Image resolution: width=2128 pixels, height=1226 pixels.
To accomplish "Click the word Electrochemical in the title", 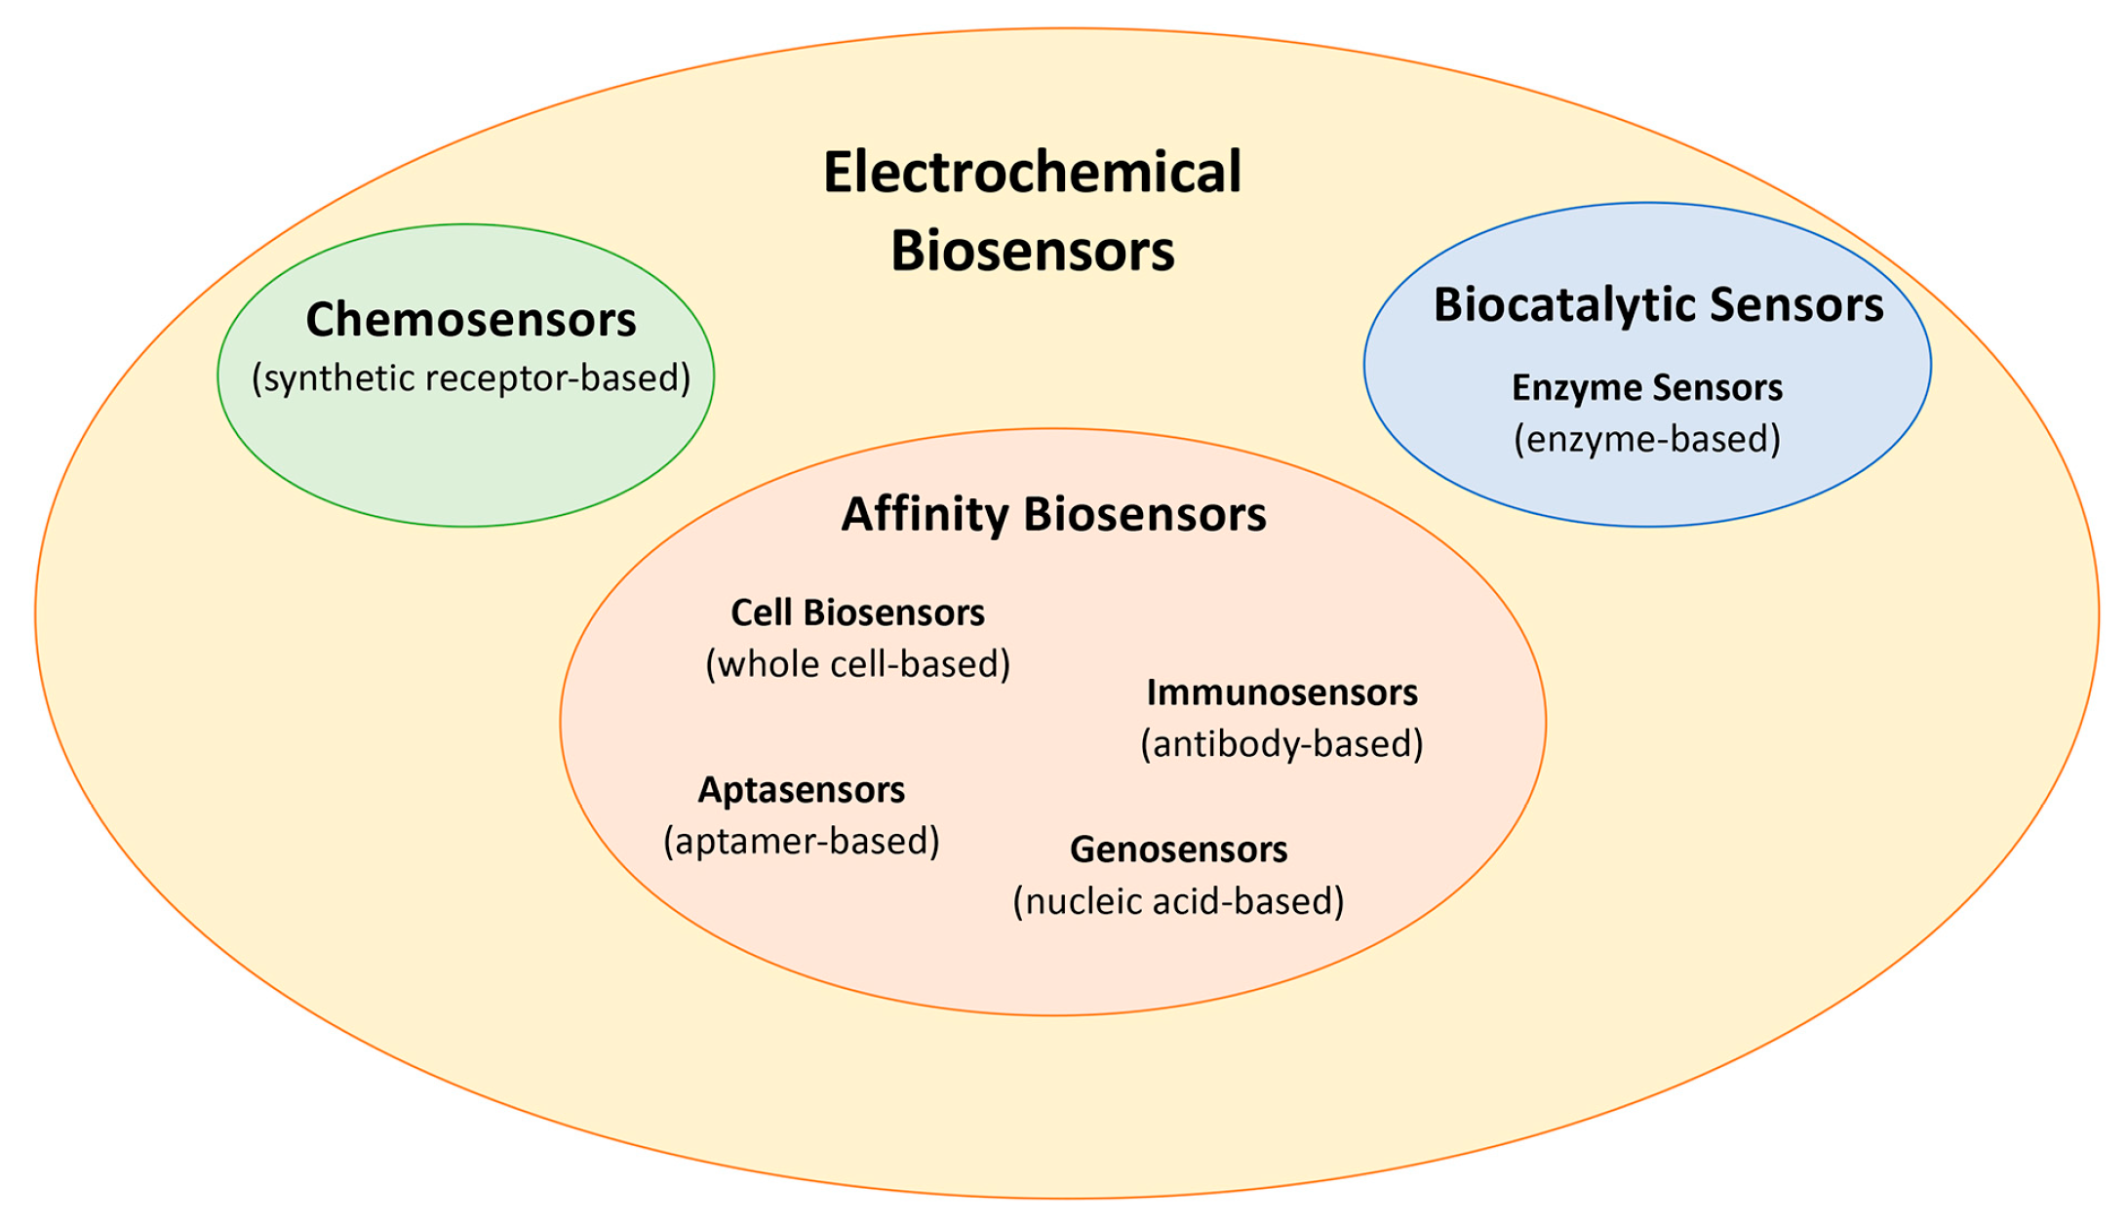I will (x=1032, y=173).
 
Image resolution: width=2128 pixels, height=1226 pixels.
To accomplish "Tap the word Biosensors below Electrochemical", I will (x=1032, y=251).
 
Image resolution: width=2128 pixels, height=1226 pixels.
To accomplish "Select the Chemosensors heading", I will (x=471, y=320).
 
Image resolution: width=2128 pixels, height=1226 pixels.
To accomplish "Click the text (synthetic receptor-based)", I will (x=471, y=378).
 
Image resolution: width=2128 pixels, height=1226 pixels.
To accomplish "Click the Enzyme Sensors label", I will (x=1647, y=388).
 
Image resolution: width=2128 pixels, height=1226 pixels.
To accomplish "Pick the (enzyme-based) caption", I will (x=1647, y=439).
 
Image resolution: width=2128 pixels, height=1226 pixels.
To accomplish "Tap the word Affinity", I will (x=925, y=514).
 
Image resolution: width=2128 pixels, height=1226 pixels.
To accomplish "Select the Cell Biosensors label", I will (x=857, y=613).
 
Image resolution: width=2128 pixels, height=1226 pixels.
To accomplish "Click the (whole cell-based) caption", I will (x=857, y=664).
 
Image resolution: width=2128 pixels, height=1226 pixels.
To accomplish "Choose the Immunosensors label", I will (x=1281, y=692).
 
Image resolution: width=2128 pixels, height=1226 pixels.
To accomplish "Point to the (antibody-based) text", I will (x=1281, y=744).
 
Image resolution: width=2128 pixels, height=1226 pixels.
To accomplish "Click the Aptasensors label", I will (x=801, y=790).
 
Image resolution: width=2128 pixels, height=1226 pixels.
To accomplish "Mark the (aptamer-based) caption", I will (x=801, y=841).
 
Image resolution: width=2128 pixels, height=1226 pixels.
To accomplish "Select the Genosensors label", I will (x=1178, y=850).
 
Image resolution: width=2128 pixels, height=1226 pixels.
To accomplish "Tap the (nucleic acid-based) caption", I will (x=1178, y=901).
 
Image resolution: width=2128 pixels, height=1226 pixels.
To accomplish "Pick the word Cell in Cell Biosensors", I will (x=762, y=613).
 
